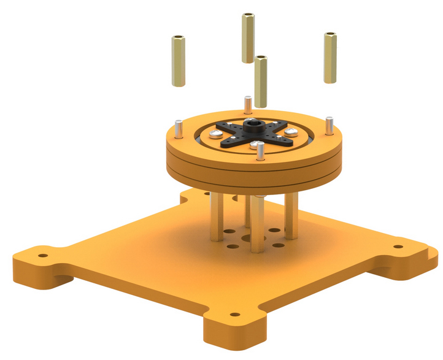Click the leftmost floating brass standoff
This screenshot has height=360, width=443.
pyautogui.click(x=177, y=61)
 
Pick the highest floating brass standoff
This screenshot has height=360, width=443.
pyautogui.click(x=248, y=37)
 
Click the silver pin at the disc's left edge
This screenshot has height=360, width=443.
pyautogui.click(x=177, y=130)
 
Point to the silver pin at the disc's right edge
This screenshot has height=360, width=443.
pyautogui.click(x=329, y=125)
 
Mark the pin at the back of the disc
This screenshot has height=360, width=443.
pyautogui.click(x=247, y=105)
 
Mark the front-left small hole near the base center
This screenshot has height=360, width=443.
pyautogui.click(x=234, y=246)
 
